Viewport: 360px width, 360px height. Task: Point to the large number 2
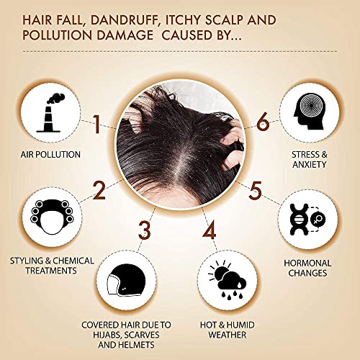click(99, 189)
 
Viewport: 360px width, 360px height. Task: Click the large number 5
click(254, 191)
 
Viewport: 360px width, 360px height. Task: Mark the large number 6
click(263, 123)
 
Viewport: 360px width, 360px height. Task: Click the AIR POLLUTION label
click(50, 155)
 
